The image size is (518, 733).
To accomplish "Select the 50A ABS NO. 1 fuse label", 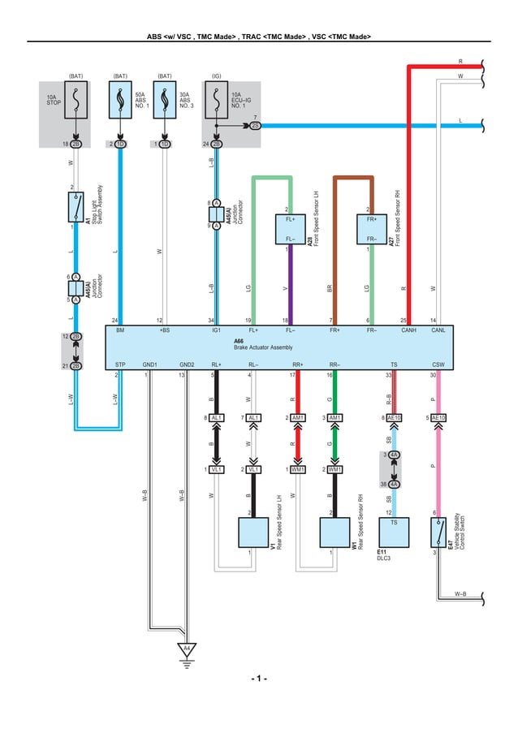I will coord(142,100).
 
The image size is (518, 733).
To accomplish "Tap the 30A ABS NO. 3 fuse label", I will coord(187,100).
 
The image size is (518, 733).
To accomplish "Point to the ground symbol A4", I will coord(186,649).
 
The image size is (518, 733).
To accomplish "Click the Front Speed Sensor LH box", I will coord(290,229).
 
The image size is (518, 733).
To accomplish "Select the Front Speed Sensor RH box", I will coord(371,229).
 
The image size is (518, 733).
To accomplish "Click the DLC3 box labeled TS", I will coord(394,533).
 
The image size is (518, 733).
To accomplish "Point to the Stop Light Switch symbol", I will coord(76,207).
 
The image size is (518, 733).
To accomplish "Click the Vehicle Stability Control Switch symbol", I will coord(438,533).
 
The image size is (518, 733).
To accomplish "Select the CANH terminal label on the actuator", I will coord(409,331).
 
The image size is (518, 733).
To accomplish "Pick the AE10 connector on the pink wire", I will coord(438,417).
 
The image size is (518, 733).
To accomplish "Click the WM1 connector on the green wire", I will coord(335,469).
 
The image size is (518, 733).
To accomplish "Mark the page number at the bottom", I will coord(258,679).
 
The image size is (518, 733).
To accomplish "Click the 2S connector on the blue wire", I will coord(255,126).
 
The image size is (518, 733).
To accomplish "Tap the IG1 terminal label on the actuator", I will coord(217,331).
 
